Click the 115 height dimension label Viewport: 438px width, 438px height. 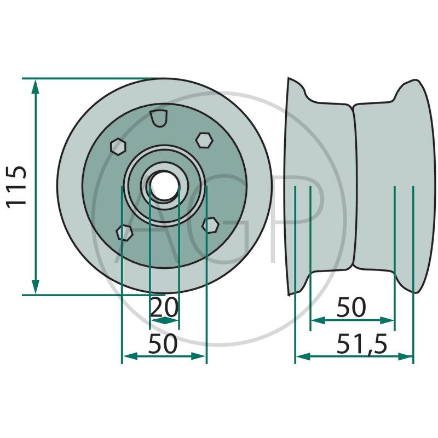coord(16,187)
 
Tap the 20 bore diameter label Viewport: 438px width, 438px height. coord(164,307)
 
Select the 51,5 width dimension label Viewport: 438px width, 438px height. coord(362,344)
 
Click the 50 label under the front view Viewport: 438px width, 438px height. coord(163,344)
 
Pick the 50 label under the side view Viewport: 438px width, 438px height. coord(351,307)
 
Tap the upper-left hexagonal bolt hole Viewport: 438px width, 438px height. coord(118,146)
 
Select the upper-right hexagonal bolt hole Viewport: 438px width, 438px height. coord(204,140)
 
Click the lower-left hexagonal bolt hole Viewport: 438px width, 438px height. coord(124,232)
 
